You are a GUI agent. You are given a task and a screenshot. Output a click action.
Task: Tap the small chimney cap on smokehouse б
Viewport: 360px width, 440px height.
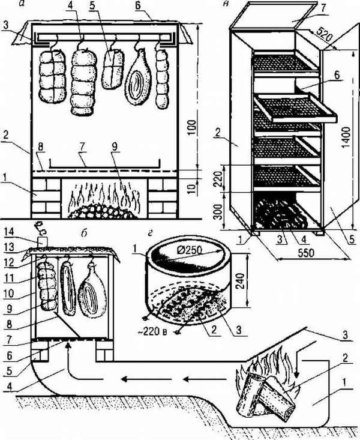pyautogui.click(x=43, y=241)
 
